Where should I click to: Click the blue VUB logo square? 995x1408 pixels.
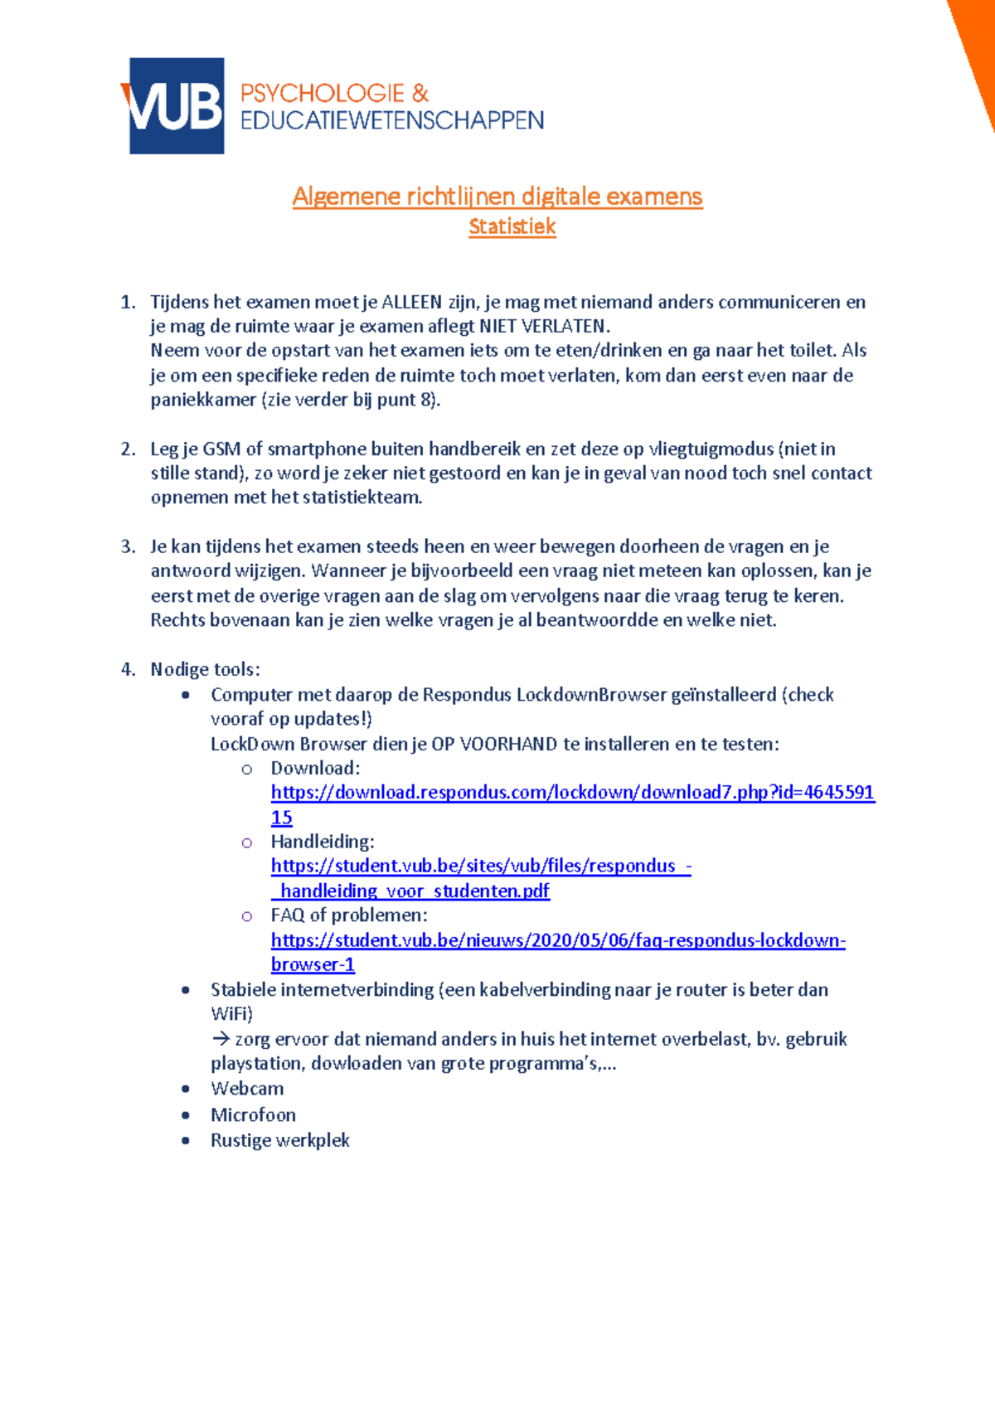coord(176,105)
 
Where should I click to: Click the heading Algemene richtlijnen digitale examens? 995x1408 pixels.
coord(498,197)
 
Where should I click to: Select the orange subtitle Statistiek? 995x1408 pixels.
coord(512,226)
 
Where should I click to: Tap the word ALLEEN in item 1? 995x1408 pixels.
coord(411,302)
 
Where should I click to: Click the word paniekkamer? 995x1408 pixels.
coord(202,400)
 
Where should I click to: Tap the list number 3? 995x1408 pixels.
coord(127,546)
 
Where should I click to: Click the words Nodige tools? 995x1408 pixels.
coord(205,669)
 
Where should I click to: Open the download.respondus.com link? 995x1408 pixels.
coord(572,793)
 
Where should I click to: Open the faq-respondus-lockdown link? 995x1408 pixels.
coord(558,940)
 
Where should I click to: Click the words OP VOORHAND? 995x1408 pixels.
coord(494,744)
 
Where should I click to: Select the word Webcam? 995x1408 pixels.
coord(247,1089)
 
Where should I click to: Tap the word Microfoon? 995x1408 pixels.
coord(253,1115)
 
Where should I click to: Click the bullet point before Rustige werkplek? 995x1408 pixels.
coord(186,1141)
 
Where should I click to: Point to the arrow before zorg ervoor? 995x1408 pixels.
coord(220,1039)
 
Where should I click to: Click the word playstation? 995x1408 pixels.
coord(257,1064)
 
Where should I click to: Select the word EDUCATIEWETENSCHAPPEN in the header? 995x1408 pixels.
coord(392,121)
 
